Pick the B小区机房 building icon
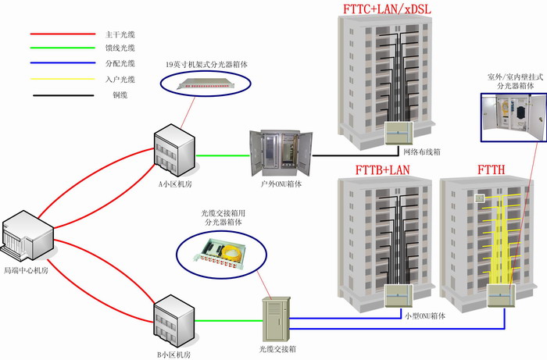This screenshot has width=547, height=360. [172, 320]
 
